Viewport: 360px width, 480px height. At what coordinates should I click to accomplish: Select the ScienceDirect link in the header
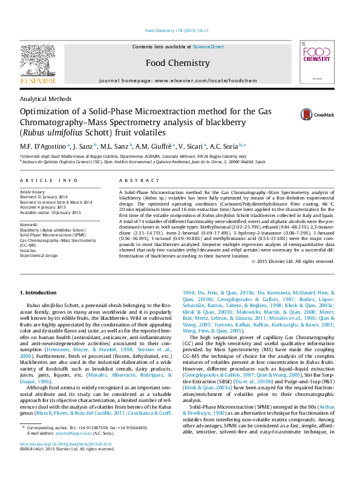[208, 47]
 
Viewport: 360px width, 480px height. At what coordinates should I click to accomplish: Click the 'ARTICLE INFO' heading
[49, 181]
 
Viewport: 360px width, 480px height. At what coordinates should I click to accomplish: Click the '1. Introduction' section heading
[39, 293]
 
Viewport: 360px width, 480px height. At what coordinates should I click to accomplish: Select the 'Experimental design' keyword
[39, 255]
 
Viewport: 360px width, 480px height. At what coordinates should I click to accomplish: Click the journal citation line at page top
[177, 30]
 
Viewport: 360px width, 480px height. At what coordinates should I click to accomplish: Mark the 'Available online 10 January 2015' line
[51, 211]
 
